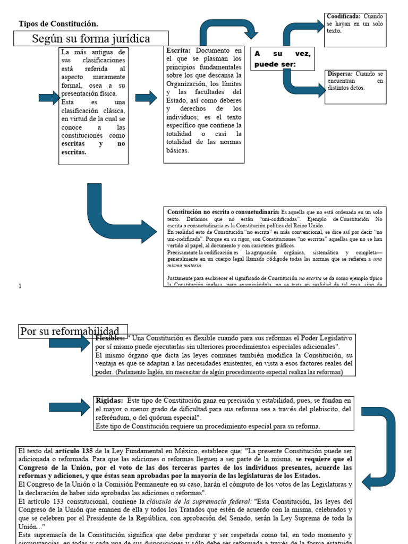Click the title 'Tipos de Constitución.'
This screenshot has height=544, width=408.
[58, 24]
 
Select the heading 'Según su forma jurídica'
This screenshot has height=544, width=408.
[91, 39]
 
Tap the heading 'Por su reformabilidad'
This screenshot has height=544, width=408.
[73, 331]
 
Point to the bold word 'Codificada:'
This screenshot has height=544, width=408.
[344, 16]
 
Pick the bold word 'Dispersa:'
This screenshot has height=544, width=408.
[341, 74]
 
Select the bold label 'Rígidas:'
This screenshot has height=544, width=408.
[109, 401]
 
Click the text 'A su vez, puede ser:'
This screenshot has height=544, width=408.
[282, 59]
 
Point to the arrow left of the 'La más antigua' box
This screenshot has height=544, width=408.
[49, 97]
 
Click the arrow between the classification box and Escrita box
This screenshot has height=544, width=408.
[146, 97]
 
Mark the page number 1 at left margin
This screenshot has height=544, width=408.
[20, 286]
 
